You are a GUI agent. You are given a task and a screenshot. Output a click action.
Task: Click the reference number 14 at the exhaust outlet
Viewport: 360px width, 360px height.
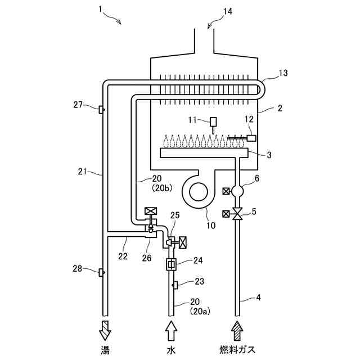pyautogui.click(x=227, y=11)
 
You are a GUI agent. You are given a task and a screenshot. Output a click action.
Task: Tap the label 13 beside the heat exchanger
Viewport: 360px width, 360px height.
pyautogui.click(x=283, y=73)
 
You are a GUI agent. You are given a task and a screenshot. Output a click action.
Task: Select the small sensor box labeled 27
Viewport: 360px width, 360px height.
pyautogui.click(x=101, y=110)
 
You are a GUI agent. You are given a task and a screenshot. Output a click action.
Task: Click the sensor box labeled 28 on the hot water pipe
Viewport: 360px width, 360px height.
pyautogui.click(x=101, y=272)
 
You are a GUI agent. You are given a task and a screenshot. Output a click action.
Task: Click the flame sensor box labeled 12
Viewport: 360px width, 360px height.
pyautogui.click(x=251, y=138)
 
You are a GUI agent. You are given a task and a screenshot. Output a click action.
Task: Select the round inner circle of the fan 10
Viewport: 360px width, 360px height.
pyautogui.click(x=199, y=192)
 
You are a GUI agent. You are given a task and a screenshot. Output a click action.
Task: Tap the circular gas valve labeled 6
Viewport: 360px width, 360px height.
pyautogui.click(x=237, y=191)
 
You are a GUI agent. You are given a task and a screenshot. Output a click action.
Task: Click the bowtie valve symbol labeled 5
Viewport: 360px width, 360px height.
pyautogui.click(x=237, y=214)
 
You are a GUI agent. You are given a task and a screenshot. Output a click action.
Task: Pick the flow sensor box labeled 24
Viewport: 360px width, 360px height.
pyautogui.click(x=171, y=264)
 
